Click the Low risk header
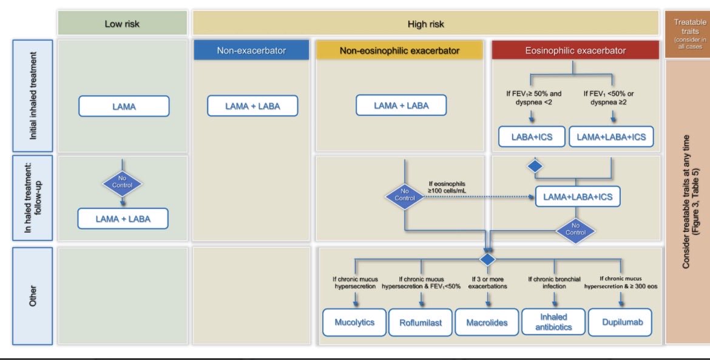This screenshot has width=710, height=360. point(122,24)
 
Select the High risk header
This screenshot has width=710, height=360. point(425,24)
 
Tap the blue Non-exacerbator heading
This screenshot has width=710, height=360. point(251,50)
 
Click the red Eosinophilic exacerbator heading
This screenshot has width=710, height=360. point(575,50)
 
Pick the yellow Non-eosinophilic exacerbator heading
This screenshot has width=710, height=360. point(399,50)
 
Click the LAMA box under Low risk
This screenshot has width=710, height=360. point(124,106)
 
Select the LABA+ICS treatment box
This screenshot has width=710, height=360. point(532,137)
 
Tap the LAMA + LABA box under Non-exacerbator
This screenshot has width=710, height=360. point(252,106)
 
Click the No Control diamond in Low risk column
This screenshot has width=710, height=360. point(122,182)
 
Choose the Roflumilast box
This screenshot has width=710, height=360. point(419,323)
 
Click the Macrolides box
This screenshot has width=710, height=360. point(487,323)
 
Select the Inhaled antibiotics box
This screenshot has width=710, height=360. point(553,322)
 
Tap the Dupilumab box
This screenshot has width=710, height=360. point(621,322)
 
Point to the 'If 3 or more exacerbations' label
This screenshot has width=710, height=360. point(488,282)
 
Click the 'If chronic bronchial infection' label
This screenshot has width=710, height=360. point(554,282)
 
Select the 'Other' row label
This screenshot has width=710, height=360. point(33,296)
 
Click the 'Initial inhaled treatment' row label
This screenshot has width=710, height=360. point(33,95)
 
